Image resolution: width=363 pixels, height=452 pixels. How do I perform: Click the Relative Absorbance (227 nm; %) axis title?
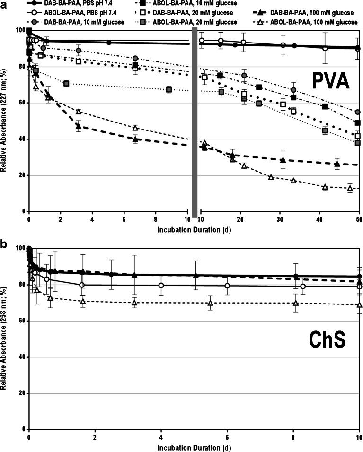[4, 122]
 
